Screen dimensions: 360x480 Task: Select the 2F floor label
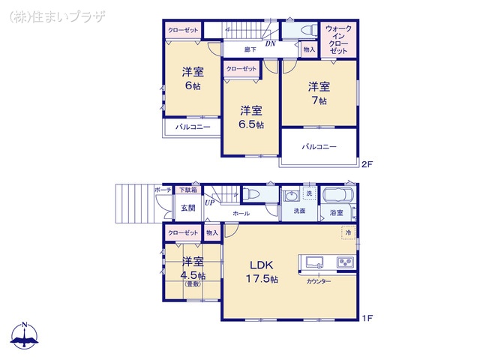367,164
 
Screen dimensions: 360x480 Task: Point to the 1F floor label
367,319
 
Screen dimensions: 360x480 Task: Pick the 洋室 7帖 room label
318,93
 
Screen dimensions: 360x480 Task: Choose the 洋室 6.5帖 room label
250,117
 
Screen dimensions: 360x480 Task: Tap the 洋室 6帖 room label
193,79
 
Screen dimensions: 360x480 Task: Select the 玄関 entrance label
187,208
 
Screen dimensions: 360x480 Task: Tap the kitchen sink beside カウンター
313,262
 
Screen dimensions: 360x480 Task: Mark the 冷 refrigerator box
348,233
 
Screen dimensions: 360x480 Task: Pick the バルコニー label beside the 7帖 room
319,147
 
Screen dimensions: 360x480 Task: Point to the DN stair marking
270,43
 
